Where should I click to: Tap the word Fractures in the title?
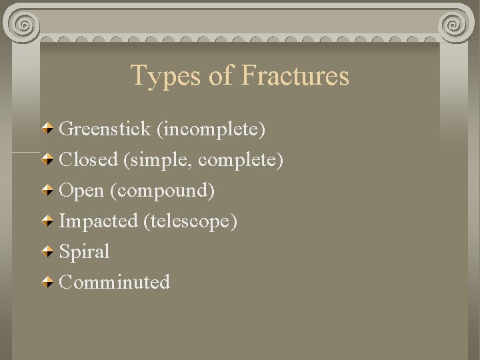[295, 75]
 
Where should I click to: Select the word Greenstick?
[105, 129]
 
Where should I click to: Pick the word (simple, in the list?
[158, 160]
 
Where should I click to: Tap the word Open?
[81, 191]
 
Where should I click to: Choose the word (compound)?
[162, 191]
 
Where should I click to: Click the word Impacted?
[99, 221]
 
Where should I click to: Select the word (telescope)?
[190, 221]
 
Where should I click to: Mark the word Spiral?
[84, 252]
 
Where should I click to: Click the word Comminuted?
[115, 282]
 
